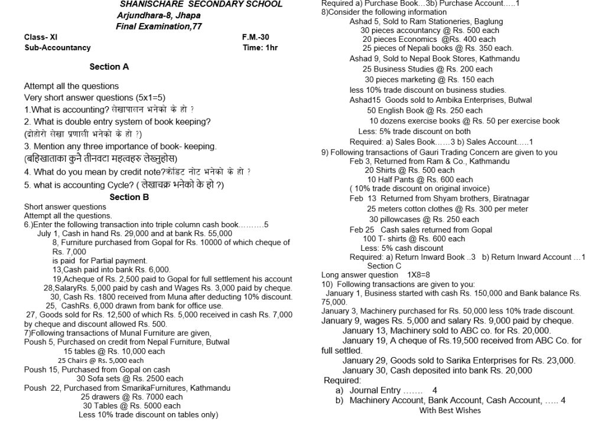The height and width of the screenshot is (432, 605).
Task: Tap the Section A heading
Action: [109, 67]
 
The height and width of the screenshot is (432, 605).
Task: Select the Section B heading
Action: [129, 197]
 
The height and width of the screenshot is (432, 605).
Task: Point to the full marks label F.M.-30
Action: [255, 37]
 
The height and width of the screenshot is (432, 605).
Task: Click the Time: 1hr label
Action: [260, 48]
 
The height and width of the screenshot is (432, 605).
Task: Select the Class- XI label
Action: [41, 37]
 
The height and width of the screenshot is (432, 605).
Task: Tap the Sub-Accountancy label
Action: [57, 48]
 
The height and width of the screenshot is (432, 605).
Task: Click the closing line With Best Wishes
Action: [450, 410]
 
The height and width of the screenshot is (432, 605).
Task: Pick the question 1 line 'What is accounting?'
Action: [109, 110]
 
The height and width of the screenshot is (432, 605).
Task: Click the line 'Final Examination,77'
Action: [158, 27]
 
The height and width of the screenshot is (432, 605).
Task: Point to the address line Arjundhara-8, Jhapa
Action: [154, 15]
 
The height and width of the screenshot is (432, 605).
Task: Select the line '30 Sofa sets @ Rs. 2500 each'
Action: [130, 379]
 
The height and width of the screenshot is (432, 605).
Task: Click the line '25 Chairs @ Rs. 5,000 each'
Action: [100, 361]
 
